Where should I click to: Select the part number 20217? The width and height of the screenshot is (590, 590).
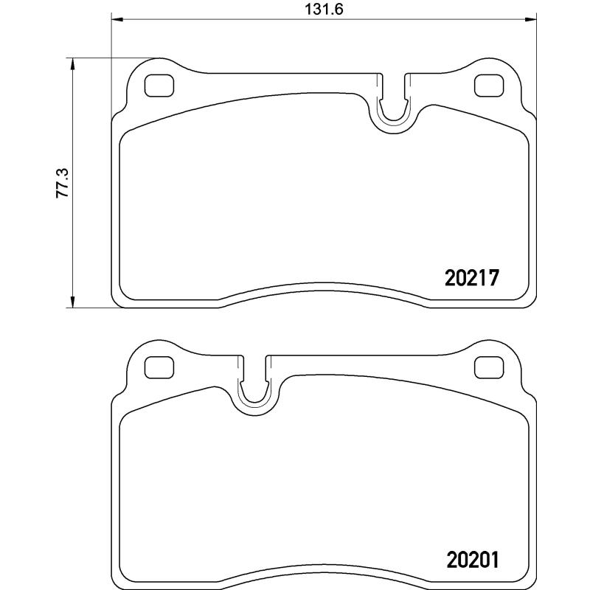[473, 278]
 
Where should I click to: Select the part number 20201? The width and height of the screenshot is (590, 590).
[473, 560]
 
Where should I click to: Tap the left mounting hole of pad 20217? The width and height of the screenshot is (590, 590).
[156, 86]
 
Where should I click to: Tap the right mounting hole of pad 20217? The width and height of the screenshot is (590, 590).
[486, 86]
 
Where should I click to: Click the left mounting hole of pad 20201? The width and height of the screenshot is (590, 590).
[156, 367]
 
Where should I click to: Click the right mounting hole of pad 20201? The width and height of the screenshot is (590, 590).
[486, 367]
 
